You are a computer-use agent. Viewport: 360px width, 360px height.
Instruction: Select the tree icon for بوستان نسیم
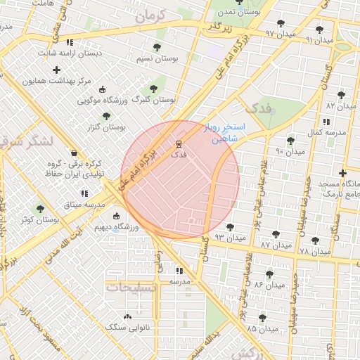156,48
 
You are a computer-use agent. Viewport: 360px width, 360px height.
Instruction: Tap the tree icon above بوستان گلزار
106,116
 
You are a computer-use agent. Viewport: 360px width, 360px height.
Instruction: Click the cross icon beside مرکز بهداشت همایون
56,70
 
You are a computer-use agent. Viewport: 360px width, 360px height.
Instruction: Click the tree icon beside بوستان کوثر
40,209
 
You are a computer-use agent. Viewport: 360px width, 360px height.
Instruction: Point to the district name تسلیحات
129,287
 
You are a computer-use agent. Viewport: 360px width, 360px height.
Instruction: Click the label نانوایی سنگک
125,327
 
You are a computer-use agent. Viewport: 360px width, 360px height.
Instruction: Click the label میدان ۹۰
290,151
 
